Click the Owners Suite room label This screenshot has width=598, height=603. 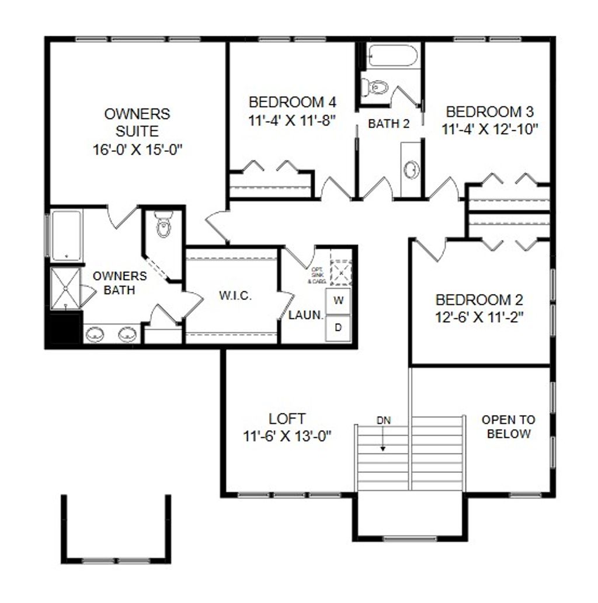pos(137,131)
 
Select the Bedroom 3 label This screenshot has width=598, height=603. pos(489,120)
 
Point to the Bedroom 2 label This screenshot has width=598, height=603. pos(479,308)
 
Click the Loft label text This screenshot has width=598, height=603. pos(287,427)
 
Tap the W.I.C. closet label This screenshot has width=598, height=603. pos(236,295)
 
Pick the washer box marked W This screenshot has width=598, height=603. pos(338,301)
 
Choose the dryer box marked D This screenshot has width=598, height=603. pos(338,327)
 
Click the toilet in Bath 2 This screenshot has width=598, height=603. pos(376,88)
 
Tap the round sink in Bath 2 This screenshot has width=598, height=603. pos(412,170)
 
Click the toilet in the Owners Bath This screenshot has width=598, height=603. pos(163,226)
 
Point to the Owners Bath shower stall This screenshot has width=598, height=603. pos(65,288)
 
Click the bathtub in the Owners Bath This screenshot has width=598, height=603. pos(65,236)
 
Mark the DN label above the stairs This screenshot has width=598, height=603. pos(383,420)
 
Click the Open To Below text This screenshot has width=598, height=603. pos(508,427)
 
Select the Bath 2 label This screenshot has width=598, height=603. pos(388,124)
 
